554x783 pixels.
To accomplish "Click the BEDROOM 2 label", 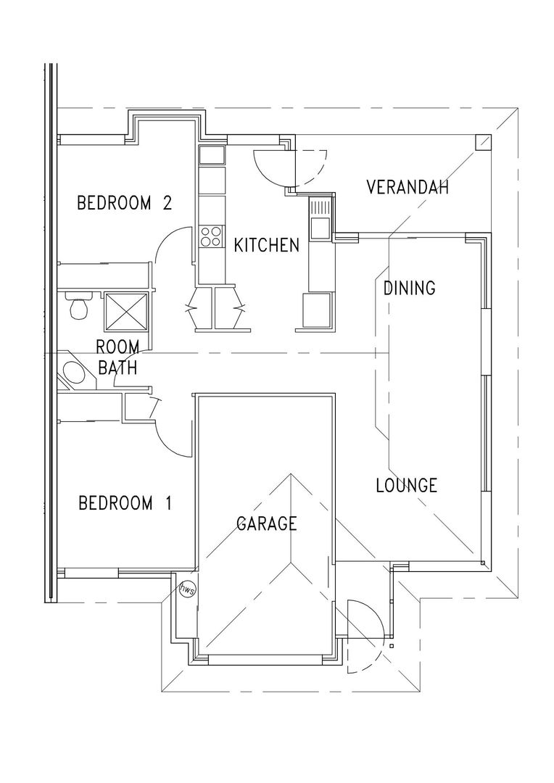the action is click(x=125, y=203).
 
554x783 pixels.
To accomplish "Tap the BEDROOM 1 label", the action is click(x=125, y=502).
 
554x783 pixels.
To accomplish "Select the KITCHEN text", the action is click(x=267, y=245).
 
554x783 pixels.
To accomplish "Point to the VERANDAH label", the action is click(x=407, y=187).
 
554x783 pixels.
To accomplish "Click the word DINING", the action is click(x=409, y=288).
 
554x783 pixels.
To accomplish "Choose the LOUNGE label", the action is click(x=407, y=485).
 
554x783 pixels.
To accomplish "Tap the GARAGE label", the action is click(x=267, y=523).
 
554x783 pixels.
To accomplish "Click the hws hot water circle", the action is click(x=188, y=588).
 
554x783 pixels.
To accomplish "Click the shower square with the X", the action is click(x=127, y=312).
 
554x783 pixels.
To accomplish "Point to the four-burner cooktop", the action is click(x=210, y=236).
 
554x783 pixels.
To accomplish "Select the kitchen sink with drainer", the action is click(x=320, y=218).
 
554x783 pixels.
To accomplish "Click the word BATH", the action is click(x=117, y=368).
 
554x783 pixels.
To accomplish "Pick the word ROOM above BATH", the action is click(x=117, y=346).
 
